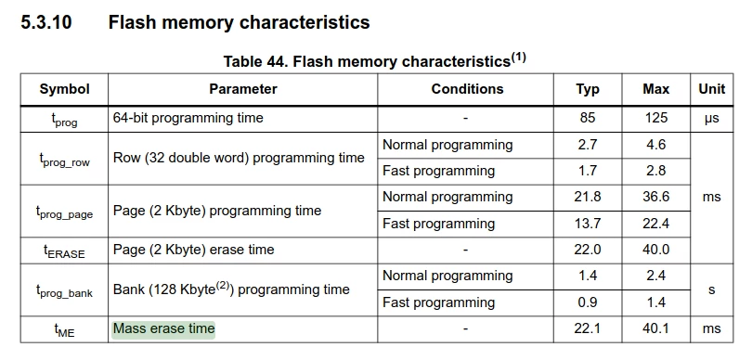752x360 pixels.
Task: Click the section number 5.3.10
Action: coord(46,22)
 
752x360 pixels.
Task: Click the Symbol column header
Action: coord(64,89)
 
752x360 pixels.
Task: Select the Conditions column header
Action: coord(467,89)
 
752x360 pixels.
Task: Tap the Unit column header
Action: coord(712,89)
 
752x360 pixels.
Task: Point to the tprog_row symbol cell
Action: coord(64,160)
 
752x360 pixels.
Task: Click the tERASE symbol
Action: coord(64,251)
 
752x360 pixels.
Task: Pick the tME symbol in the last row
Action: coord(64,329)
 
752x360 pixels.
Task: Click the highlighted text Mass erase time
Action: coord(163,328)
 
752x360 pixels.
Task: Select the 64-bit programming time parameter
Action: coord(188,118)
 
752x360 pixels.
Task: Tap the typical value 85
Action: coord(588,118)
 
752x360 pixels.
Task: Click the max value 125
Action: coord(655,118)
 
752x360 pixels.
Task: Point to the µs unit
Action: coord(712,119)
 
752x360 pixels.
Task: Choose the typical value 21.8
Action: coord(588,197)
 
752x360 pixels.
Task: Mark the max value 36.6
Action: coord(655,197)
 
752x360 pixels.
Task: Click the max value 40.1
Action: coord(655,328)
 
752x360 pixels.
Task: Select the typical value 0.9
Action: coord(588,302)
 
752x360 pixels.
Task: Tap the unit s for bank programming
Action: coord(712,290)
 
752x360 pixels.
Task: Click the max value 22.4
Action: coord(655,224)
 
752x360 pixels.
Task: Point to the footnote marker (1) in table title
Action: coord(518,58)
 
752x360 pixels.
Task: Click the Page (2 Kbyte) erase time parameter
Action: coord(194,250)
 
